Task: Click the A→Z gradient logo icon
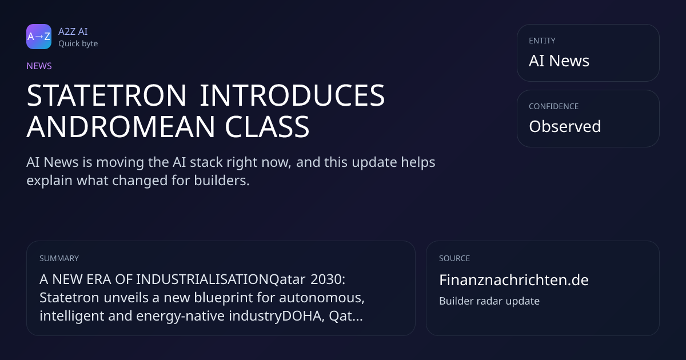(x=39, y=37)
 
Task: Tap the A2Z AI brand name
(x=73, y=31)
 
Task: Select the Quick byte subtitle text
(x=78, y=44)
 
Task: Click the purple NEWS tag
(x=39, y=66)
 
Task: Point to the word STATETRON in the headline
(x=106, y=95)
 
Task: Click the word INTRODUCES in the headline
(x=293, y=95)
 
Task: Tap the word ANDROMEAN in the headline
(x=121, y=127)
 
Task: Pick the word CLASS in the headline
(x=267, y=127)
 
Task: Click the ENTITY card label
(x=542, y=41)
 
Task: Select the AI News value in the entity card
(x=559, y=61)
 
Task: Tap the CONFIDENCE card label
(x=554, y=106)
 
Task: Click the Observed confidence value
(x=565, y=126)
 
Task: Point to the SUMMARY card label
(x=59, y=258)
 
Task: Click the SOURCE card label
(x=454, y=258)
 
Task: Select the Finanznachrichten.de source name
(x=514, y=280)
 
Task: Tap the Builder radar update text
(x=489, y=301)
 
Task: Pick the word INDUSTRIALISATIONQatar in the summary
(x=221, y=279)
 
